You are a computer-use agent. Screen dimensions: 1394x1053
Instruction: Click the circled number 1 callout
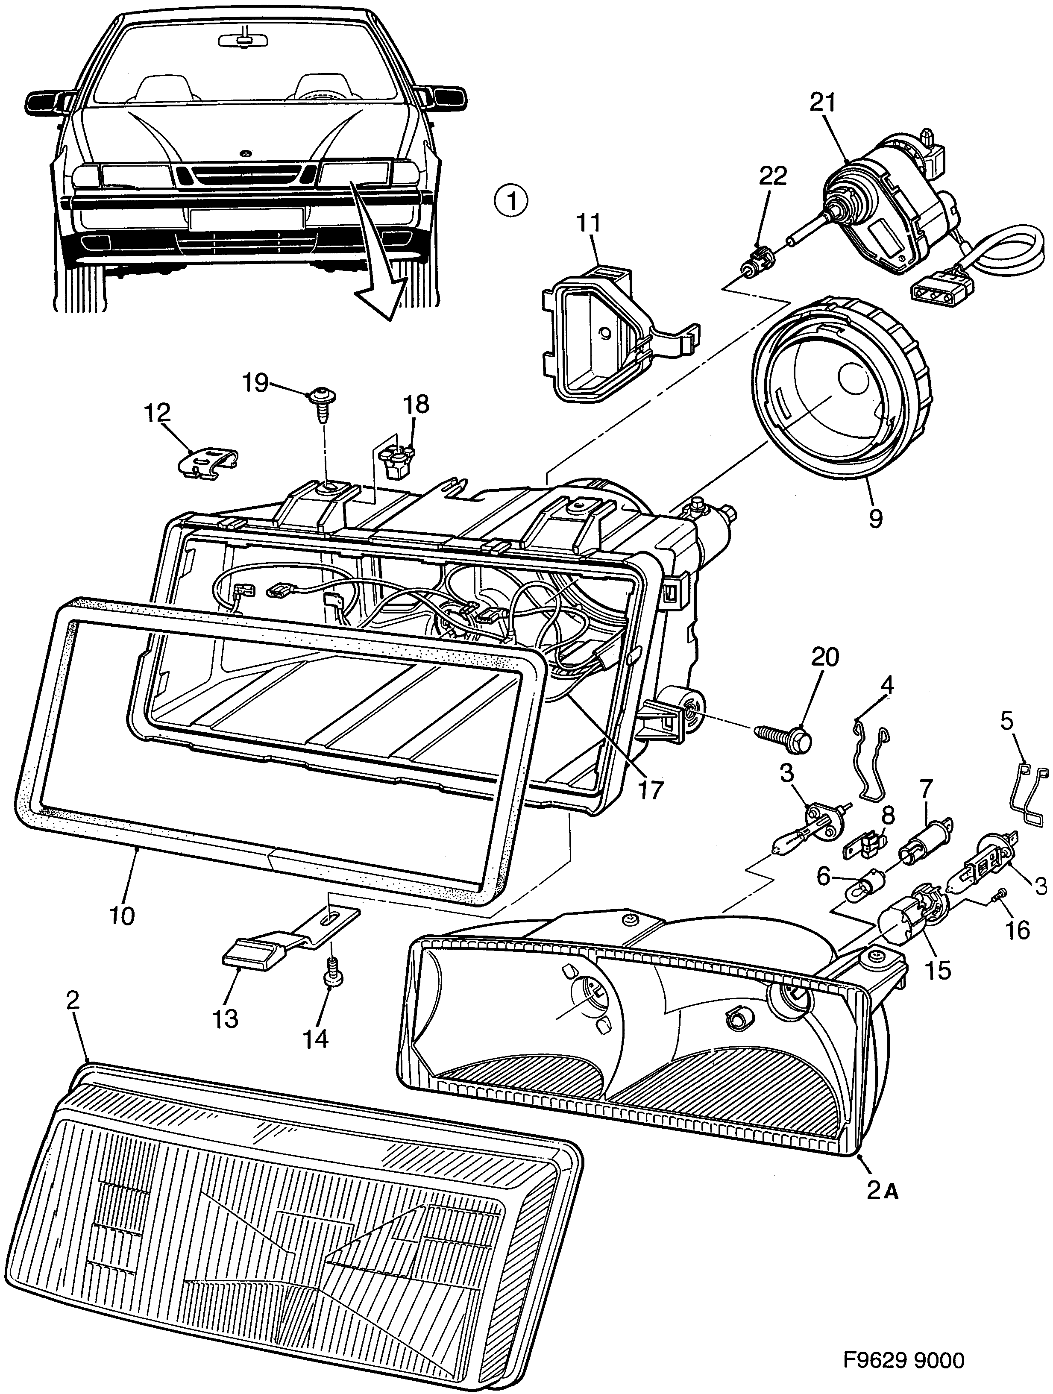(511, 201)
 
